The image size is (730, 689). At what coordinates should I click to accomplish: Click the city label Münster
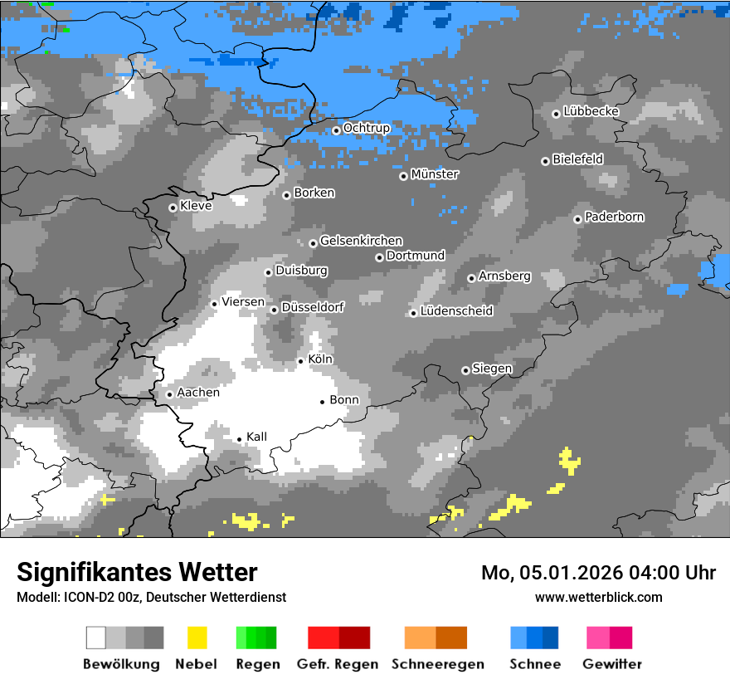(x=435, y=174)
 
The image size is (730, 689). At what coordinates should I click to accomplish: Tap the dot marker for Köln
(x=301, y=361)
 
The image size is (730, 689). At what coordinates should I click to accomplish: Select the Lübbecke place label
(x=591, y=111)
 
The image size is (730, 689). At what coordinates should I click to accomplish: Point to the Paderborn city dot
(x=577, y=219)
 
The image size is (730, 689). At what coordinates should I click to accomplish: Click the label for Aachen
(x=198, y=393)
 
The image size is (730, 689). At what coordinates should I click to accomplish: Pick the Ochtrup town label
(x=366, y=128)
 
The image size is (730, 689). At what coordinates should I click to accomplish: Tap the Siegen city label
(x=492, y=369)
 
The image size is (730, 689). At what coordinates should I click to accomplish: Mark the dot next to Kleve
(x=173, y=208)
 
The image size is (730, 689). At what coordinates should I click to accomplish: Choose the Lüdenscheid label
(x=456, y=311)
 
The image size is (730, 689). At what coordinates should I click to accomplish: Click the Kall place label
(x=256, y=437)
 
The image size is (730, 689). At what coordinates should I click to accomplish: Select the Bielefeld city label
(x=577, y=159)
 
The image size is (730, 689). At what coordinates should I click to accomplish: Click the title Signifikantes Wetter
(x=137, y=572)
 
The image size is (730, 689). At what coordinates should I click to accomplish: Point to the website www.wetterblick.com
(x=598, y=597)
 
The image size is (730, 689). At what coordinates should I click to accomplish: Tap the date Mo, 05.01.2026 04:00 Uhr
(x=598, y=573)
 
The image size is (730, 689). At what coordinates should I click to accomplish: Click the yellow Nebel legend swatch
(x=197, y=638)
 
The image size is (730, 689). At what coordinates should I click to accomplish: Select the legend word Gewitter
(x=611, y=664)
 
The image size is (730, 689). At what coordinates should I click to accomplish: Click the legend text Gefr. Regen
(x=338, y=664)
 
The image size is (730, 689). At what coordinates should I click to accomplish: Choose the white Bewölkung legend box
(x=96, y=638)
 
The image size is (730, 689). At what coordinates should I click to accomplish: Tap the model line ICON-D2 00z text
(x=151, y=597)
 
